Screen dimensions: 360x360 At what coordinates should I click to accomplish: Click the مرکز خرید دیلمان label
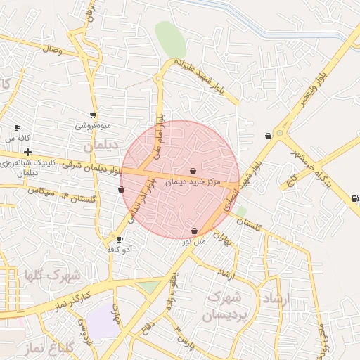click(193, 181)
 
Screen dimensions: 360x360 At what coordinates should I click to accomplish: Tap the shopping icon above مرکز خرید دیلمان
click(193, 171)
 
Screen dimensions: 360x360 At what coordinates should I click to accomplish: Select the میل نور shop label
click(194, 241)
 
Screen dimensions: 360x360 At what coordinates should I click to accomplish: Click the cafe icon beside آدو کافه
click(120, 240)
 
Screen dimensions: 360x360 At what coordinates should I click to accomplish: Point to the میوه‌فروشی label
click(93, 126)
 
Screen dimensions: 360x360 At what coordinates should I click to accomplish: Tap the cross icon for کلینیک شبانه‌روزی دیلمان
click(27, 152)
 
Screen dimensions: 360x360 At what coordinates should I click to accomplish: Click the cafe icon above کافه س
click(18, 128)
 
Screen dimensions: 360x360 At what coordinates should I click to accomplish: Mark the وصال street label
click(53, 51)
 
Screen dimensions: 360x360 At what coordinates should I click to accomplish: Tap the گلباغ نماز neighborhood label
click(55, 348)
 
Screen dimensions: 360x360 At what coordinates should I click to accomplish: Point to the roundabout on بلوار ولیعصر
click(281, 132)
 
